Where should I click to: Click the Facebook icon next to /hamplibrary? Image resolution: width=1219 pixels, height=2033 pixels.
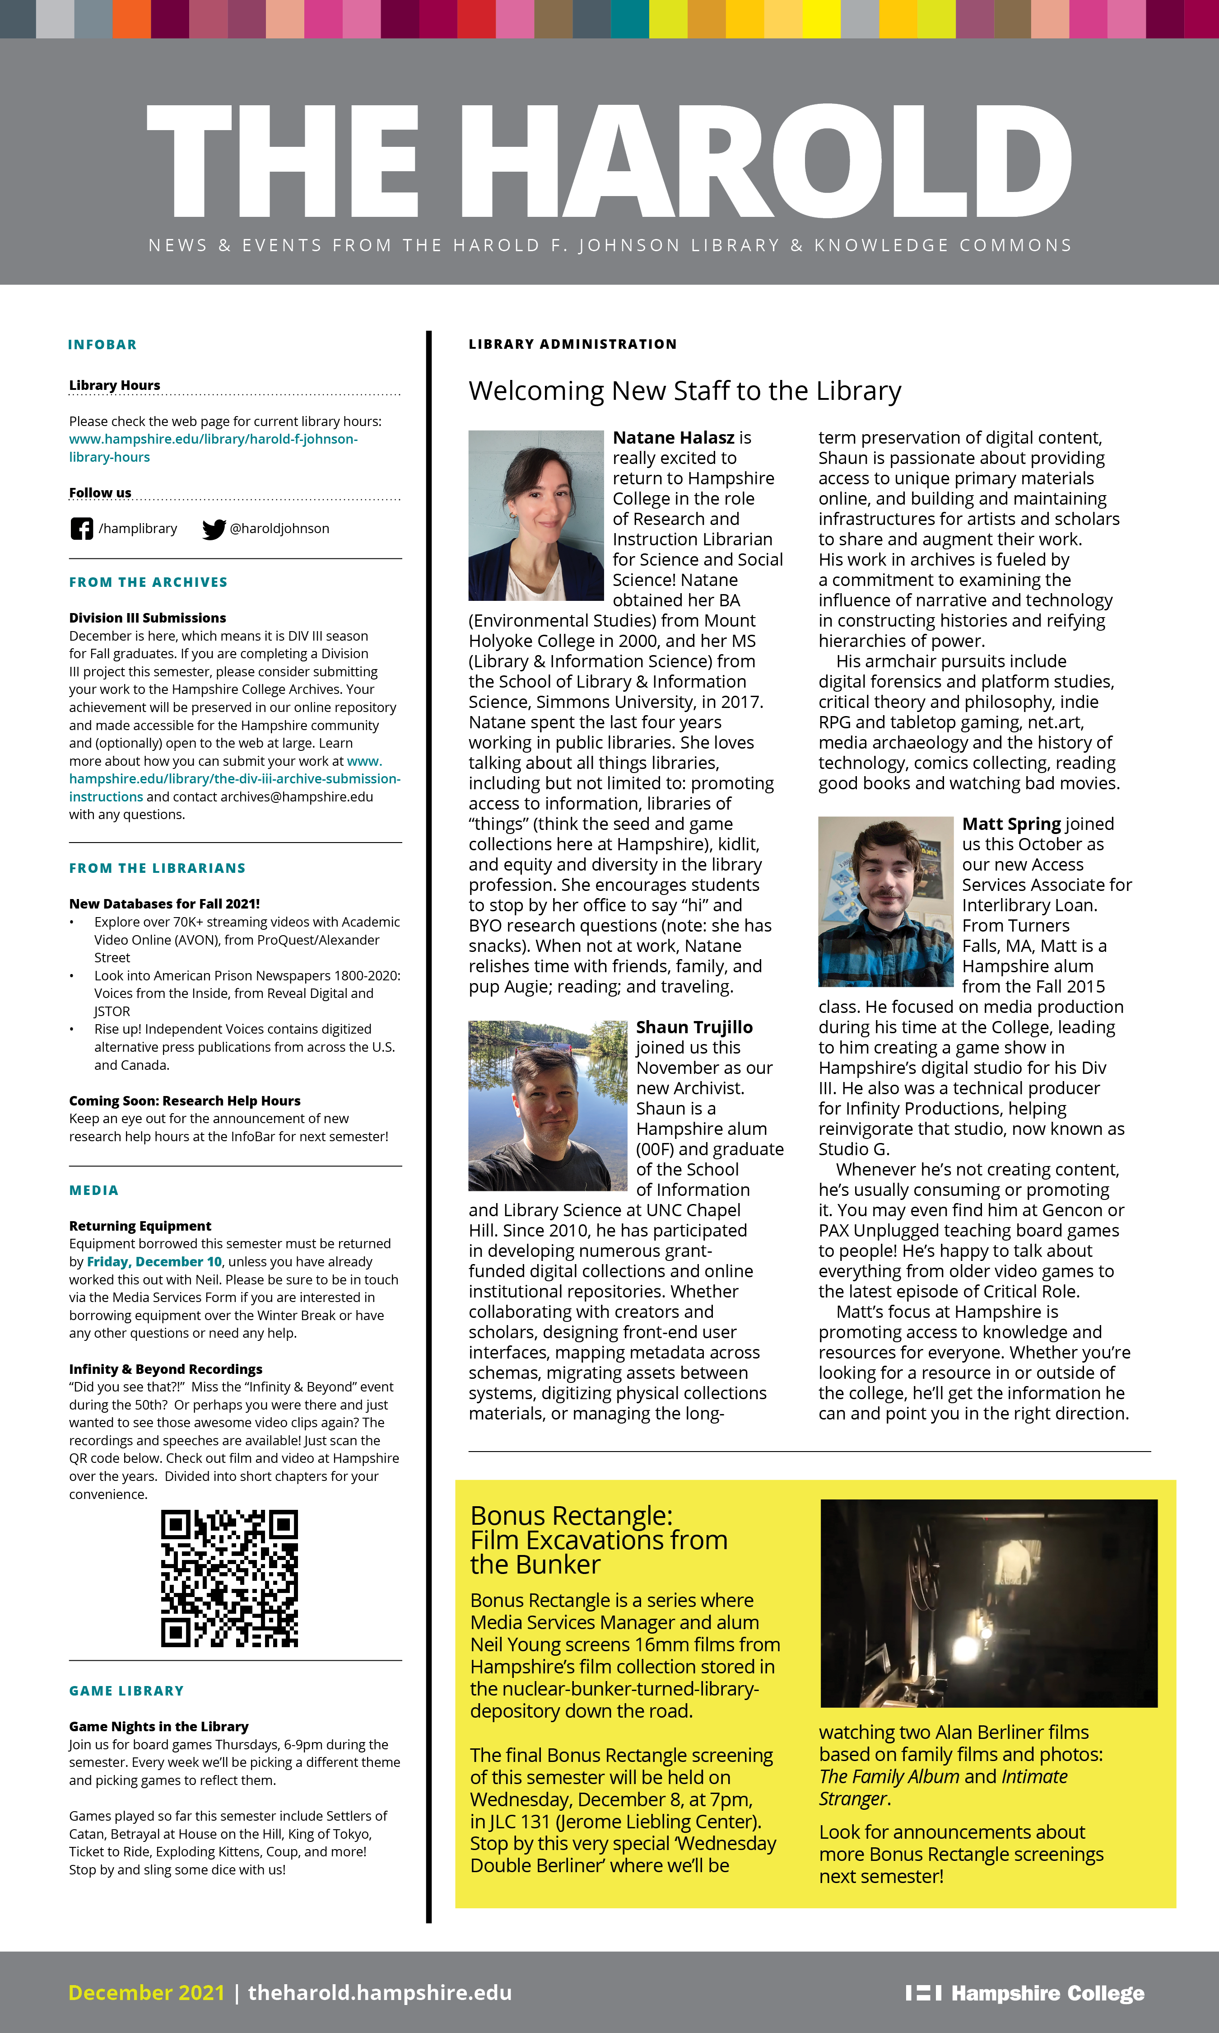coord(81,529)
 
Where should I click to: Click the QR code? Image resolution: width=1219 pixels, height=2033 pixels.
coord(229,1578)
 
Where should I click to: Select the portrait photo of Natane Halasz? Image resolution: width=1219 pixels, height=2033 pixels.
coord(535,515)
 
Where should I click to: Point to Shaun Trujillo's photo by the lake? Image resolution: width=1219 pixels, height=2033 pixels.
coord(547,1105)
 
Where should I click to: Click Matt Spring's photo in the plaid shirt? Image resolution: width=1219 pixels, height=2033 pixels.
coord(885,901)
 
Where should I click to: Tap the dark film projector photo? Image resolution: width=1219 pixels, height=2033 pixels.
coord(988,1603)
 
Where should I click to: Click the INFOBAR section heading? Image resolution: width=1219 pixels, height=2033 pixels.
coord(102,344)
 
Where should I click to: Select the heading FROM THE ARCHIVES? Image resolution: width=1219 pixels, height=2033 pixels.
coord(148,582)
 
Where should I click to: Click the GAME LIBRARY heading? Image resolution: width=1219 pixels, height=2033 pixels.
coord(126,1691)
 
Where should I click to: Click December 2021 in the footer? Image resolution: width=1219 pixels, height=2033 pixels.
coord(146,1993)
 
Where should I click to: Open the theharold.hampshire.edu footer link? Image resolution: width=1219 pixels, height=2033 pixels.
coord(380,1993)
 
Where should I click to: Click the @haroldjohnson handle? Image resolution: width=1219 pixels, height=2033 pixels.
coord(279,529)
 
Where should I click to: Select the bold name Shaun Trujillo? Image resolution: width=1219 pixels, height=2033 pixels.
coord(694,1027)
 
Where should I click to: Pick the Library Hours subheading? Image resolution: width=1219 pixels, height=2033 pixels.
coord(114,385)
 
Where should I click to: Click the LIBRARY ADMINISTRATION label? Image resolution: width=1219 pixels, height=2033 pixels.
coord(572,344)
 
